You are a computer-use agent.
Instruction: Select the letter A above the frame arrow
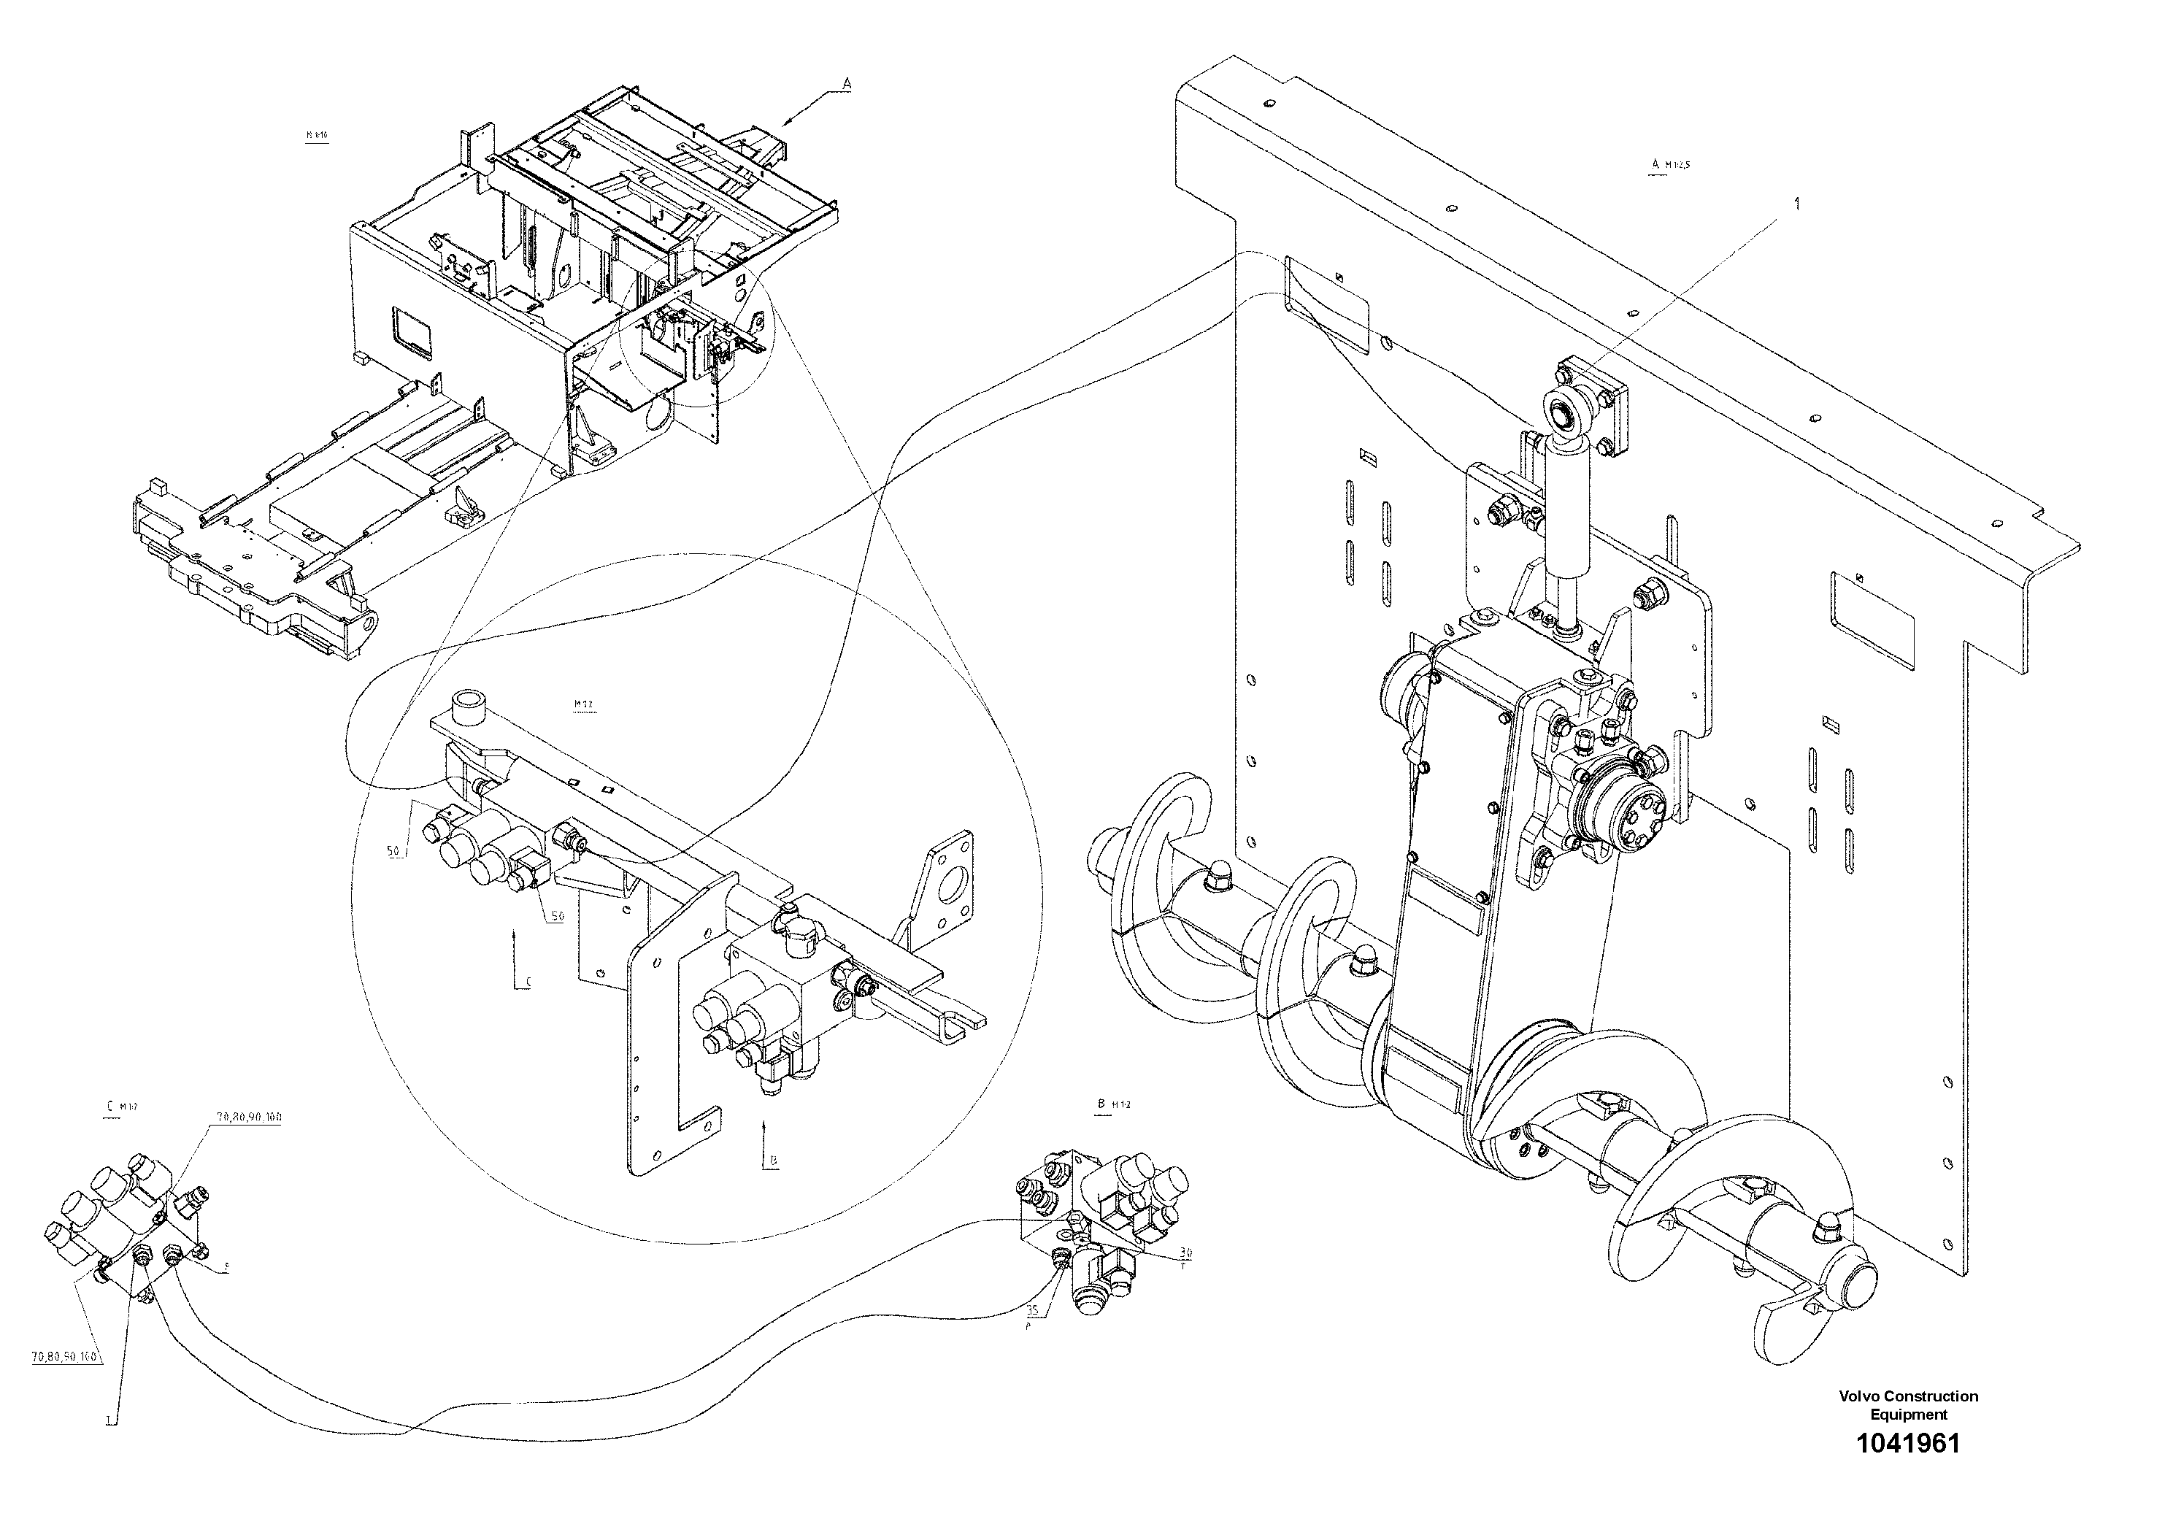(x=847, y=84)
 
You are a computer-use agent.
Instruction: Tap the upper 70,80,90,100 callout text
(x=249, y=1117)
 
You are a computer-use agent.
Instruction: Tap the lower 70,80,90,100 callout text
(x=64, y=1357)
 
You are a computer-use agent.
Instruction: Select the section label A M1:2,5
(x=1671, y=166)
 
